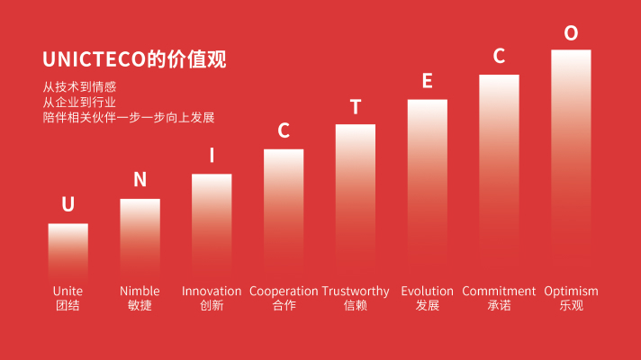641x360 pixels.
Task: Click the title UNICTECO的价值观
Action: pos(134,59)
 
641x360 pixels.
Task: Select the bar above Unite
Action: pos(68,251)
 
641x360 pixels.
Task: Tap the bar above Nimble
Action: pos(140,239)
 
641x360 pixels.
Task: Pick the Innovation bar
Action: pos(212,227)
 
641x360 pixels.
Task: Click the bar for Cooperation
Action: pos(284,214)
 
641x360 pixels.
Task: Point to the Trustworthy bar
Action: pos(356,202)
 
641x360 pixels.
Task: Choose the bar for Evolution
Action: pos(428,189)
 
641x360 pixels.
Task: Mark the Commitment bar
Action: pos(499,177)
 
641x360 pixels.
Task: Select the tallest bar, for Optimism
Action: pos(571,165)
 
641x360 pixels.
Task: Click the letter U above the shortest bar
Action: pos(68,204)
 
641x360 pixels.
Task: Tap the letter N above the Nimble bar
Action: pos(140,179)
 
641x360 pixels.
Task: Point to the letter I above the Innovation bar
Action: pos(212,156)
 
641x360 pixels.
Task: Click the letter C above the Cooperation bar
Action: pos(284,130)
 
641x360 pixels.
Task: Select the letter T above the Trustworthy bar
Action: pos(356,107)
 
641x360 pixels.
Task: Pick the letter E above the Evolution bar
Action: pos(428,81)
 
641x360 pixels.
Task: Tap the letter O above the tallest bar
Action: pos(571,32)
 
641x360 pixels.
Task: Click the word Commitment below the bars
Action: pos(499,291)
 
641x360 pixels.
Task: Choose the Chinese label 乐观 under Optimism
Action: pos(571,305)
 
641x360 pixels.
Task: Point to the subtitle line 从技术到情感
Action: pos(79,86)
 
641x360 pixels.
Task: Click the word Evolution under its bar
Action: pos(428,291)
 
